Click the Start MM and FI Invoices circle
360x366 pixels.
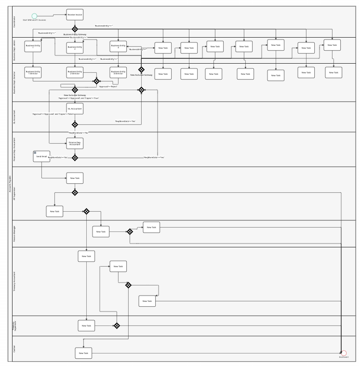[x=34, y=16]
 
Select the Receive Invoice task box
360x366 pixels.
[x=75, y=14]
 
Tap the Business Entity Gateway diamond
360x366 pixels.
[x=75, y=29]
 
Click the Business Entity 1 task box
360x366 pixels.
[x=32, y=47]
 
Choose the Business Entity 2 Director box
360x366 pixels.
[x=75, y=73]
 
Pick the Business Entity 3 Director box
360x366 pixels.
[x=119, y=73]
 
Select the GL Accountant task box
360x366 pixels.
[x=75, y=109]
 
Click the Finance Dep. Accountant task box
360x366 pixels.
[x=75, y=143]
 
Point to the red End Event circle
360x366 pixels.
[x=344, y=353]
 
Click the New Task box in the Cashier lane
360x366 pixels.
[x=83, y=353]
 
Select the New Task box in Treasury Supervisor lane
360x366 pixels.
[x=86, y=325]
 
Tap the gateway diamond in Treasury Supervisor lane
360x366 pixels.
[x=117, y=325]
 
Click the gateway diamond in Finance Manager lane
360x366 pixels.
[x=130, y=231]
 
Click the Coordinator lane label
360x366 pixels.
[x=14, y=22]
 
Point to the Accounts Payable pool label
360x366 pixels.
[x=10, y=183]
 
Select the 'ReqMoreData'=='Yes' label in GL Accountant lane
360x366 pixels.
[x=125, y=121]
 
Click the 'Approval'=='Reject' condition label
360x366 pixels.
[x=108, y=87]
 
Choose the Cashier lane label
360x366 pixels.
[x=14, y=349]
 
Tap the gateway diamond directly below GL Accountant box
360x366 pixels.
[x=75, y=124]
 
